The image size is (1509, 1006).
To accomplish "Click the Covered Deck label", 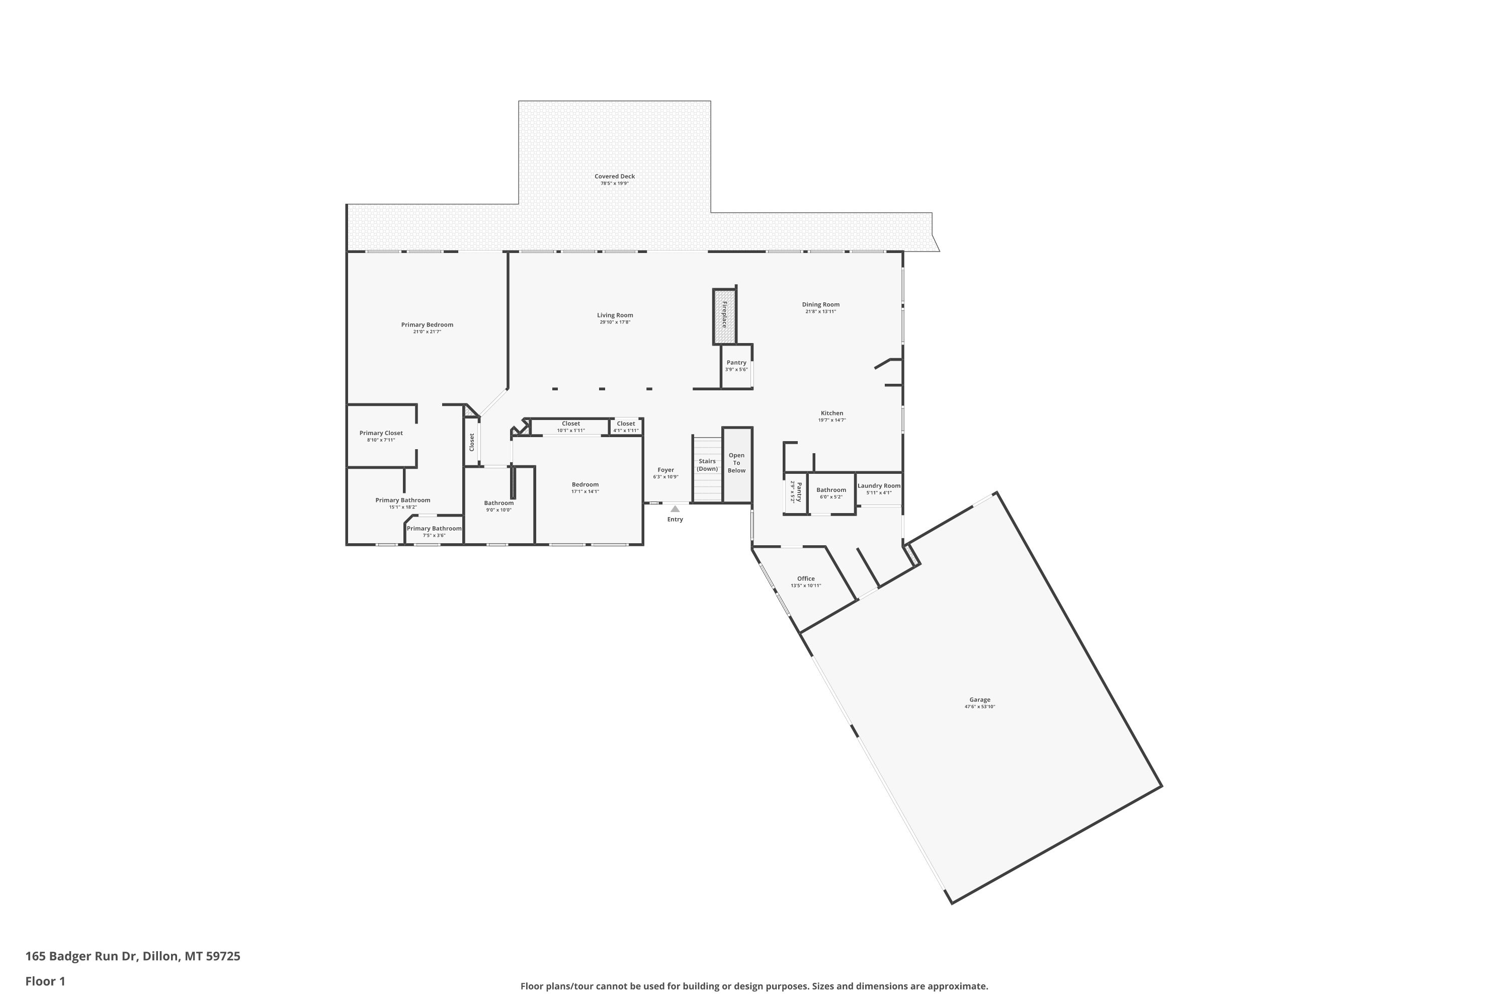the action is pos(615,177).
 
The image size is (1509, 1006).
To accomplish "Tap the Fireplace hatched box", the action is pos(724,316).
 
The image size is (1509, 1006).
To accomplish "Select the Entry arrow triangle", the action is pos(675,509).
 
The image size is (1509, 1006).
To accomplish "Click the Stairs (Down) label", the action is pos(707,465).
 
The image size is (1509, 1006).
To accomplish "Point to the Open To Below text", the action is pos(736,463).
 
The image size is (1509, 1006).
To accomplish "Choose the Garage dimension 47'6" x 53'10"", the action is pos(980,706).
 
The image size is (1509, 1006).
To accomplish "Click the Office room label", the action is pos(806,579).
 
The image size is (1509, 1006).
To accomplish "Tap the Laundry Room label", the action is pos(879,486).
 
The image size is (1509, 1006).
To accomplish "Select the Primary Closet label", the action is pos(381,433).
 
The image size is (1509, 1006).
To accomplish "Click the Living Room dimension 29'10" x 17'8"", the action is pos(615,322).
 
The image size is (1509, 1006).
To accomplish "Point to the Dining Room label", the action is pos(820,305).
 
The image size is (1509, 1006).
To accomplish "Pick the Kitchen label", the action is pos(832,413).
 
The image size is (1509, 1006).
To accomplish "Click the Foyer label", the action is pos(666,470).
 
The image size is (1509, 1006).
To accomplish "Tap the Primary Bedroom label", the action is pos(427,324).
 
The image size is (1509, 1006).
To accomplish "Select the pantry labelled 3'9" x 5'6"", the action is pos(736,366).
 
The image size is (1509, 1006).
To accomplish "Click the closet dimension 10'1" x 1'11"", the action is pos(571,431).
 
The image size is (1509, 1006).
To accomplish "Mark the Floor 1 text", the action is pos(46,981).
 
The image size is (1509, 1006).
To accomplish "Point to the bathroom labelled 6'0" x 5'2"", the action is pos(831,493).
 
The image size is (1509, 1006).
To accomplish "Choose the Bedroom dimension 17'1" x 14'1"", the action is pos(585,491).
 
